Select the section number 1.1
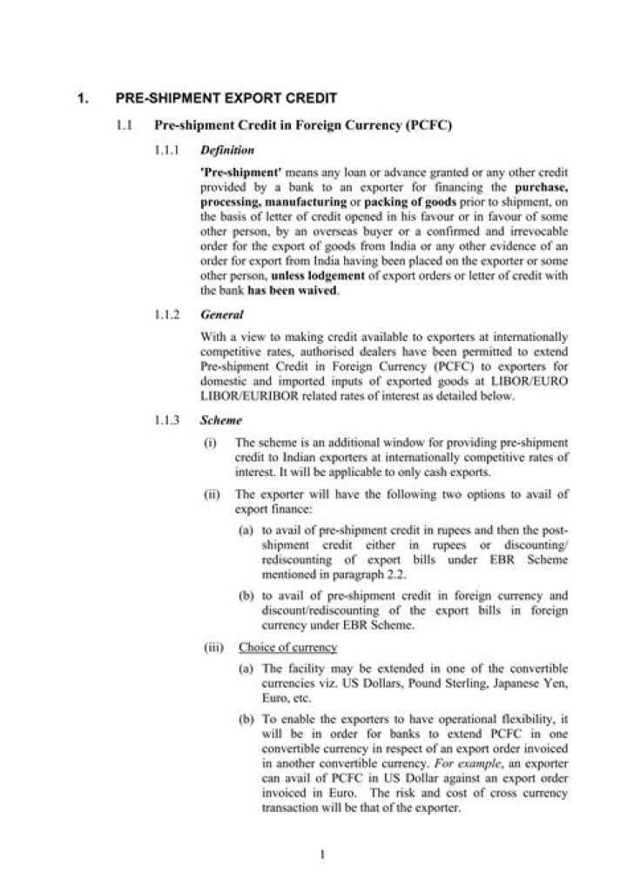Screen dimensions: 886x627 pyautogui.click(x=125, y=126)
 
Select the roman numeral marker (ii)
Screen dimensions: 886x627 pyautogui.click(x=211, y=493)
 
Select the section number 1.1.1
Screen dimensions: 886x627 pyautogui.click(x=166, y=150)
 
